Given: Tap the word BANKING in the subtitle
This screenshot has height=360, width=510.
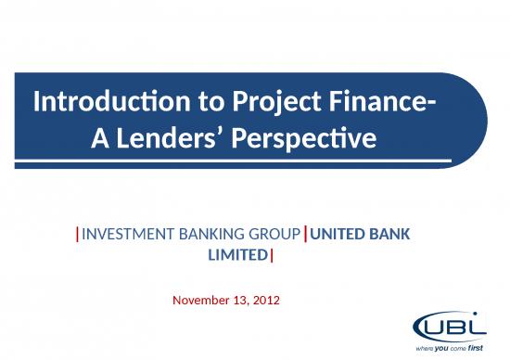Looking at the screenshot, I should (198, 235).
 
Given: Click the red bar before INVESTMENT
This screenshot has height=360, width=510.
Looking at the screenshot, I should (78, 235).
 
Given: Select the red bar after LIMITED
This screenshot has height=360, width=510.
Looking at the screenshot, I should (272, 253).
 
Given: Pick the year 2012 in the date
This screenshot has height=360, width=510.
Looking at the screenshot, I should (265, 301).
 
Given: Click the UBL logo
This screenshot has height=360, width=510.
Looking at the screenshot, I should (449, 328).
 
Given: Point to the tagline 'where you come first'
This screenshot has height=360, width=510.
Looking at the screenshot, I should (449, 347).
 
